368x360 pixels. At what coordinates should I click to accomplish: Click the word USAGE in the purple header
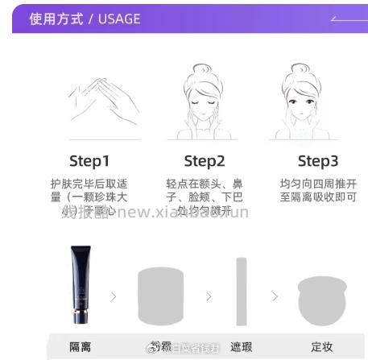pos(119,19)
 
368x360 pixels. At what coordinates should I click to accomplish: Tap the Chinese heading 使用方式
pos(56,19)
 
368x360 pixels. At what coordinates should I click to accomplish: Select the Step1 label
pos(89,160)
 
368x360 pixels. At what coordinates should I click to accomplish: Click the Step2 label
pos(205,160)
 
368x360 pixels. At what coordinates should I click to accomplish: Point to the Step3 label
pos(318,160)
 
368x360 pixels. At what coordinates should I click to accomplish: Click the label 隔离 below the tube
pos(80,347)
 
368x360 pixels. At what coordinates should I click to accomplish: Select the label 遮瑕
pos(241,347)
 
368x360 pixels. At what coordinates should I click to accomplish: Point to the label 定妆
pos(322,347)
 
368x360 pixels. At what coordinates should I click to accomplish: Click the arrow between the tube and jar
pos(114,296)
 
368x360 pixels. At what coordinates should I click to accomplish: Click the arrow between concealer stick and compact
pos(275,296)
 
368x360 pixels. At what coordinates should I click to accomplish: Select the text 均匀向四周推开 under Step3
pos(318,184)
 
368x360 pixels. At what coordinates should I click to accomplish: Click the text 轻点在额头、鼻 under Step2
pos(205,184)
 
